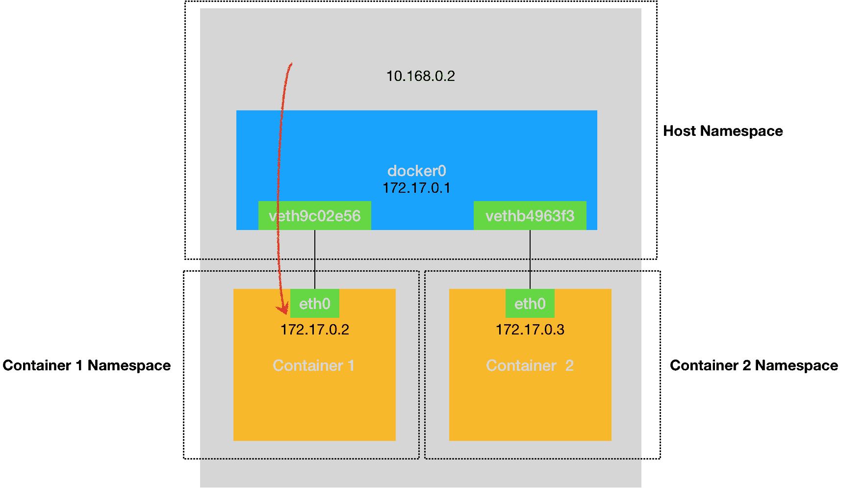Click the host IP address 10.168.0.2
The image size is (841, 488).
[x=420, y=76]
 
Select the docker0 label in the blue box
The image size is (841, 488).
[x=417, y=171]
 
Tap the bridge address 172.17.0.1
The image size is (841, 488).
[x=416, y=188]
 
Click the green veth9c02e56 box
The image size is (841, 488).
[x=314, y=216]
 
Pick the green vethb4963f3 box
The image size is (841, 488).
[x=530, y=216]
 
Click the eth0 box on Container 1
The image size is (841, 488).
[x=314, y=304]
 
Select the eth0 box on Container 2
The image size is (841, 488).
[x=530, y=304]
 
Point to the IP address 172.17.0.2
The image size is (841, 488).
[x=314, y=329]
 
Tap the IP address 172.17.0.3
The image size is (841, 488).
[x=530, y=329]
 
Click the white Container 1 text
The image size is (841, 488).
[x=313, y=365]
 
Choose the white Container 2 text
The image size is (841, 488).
[x=530, y=365]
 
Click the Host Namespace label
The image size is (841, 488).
[x=723, y=131]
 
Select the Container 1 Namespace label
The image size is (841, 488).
[x=87, y=365]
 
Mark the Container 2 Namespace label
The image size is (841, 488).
[x=754, y=365]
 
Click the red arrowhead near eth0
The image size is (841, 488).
[x=283, y=308]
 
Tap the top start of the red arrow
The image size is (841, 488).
[x=291, y=64]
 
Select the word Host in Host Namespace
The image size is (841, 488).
[x=680, y=131]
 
